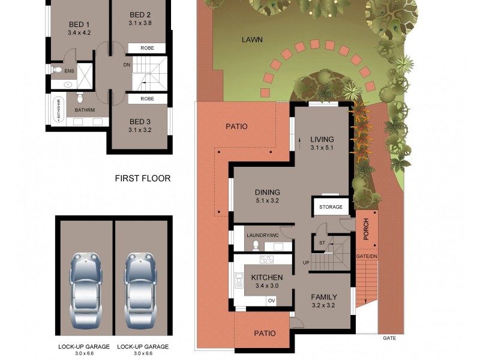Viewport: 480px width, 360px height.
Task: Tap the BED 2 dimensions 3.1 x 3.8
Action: (x=140, y=23)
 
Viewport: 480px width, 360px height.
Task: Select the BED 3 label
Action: (x=140, y=122)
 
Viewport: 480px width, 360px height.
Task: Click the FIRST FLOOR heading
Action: (x=143, y=178)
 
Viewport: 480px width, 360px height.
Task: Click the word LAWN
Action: (x=252, y=40)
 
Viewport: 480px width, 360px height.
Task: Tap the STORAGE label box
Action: (x=331, y=208)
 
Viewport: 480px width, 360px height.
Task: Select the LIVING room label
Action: (x=322, y=139)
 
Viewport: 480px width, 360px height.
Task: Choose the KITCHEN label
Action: (x=267, y=278)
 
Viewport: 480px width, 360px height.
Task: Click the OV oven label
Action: (x=271, y=301)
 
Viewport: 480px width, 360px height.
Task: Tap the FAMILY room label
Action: (x=323, y=297)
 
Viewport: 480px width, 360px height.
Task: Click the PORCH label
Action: (x=365, y=229)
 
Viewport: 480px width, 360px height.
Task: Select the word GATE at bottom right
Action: (x=390, y=338)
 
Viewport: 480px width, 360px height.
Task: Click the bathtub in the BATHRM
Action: (x=59, y=110)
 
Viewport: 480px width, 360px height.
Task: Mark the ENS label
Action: (x=70, y=70)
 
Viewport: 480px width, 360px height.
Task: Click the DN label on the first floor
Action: (x=127, y=65)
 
